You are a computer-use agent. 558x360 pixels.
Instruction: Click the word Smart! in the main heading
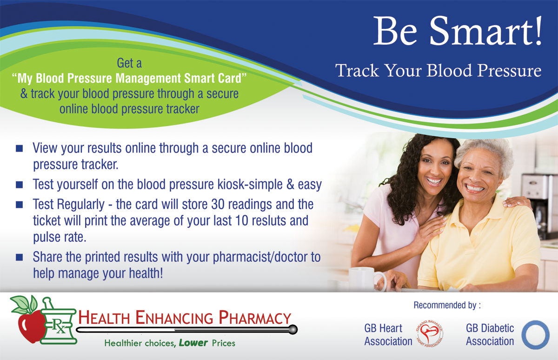485,31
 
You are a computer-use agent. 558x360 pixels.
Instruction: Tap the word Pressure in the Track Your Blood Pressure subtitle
509,71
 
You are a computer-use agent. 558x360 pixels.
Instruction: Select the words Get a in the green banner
129,63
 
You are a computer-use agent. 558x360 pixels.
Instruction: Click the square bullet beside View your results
20,148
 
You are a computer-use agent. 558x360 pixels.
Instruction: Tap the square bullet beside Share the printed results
20,257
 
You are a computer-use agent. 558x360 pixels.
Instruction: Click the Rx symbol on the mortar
59,327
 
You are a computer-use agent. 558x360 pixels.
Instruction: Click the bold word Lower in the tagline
193,343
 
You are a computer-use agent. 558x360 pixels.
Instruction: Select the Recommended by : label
447,305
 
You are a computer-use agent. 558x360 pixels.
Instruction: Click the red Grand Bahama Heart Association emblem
429,333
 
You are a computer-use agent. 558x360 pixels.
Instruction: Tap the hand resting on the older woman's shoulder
517,202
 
